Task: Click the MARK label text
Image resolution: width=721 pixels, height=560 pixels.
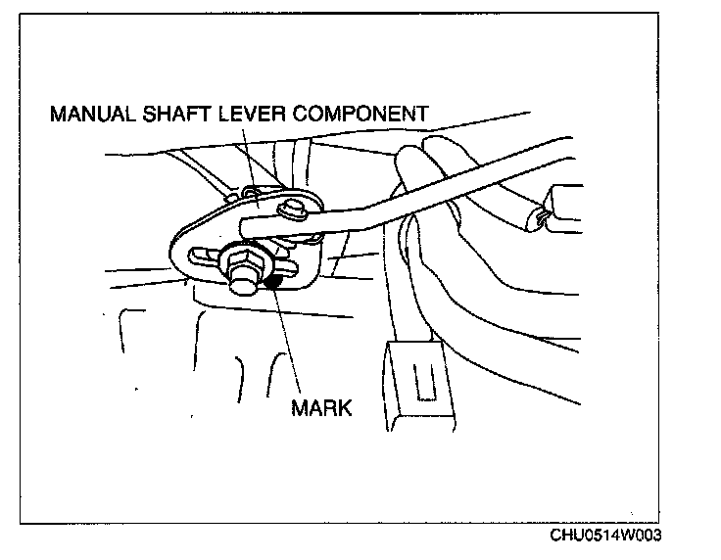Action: (x=321, y=405)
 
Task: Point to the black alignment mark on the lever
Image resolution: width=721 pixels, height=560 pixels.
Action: (x=275, y=282)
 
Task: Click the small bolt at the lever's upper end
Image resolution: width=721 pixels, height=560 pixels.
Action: (x=291, y=208)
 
